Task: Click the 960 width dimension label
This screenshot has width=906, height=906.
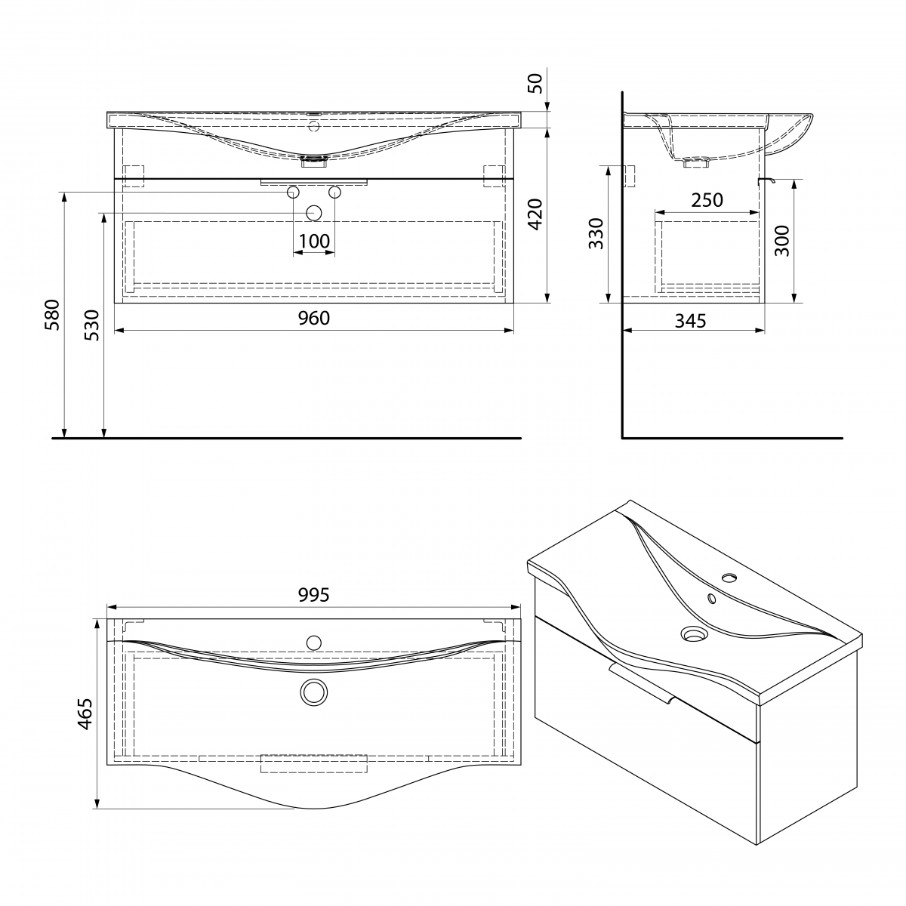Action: pyautogui.click(x=313, y=319)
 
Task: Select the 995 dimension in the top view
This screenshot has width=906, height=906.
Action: pyautogui.click(x=313, y=595)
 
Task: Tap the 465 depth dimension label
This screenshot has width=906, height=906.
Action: pyautogui.click(x=85, y=714)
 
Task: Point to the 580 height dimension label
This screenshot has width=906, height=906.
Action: pyautogui.click(x=52, y=315)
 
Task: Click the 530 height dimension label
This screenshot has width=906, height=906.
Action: pyautogui.click(x=91, y=325)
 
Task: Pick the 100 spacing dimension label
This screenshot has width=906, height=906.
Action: pyautogui.click(x=314, y=241)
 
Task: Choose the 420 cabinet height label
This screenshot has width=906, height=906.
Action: pyautogui.click(x=535, y=214)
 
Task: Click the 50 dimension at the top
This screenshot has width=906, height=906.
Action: pyautogui.click(x=535, y=84)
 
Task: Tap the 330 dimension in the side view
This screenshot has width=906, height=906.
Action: pyautogui.click(x=596, y=233)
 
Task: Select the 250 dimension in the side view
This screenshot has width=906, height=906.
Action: pyautogui.click(x=707, y=200)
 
